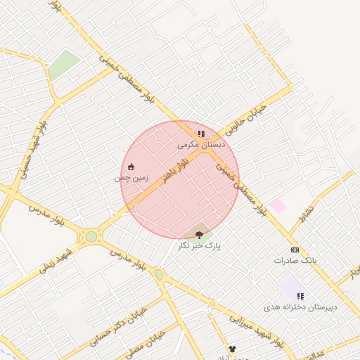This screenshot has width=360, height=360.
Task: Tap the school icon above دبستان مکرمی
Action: [201, 134]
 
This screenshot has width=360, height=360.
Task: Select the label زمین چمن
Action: [131, 178]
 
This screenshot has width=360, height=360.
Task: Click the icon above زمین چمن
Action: [131, 167]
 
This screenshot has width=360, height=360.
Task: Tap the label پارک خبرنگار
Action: [198, 246]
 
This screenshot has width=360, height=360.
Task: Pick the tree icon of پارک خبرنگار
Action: [199, 235]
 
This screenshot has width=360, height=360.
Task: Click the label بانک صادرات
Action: [295, 260]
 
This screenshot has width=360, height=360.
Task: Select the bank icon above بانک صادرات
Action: [295, 250]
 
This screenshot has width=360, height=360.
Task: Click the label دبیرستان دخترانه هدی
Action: [300, 307]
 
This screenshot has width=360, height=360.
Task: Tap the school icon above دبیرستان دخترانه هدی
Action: [300, 296]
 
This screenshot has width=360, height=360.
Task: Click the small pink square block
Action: [278, 206]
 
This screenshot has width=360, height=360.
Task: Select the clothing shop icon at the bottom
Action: [232, 349]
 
